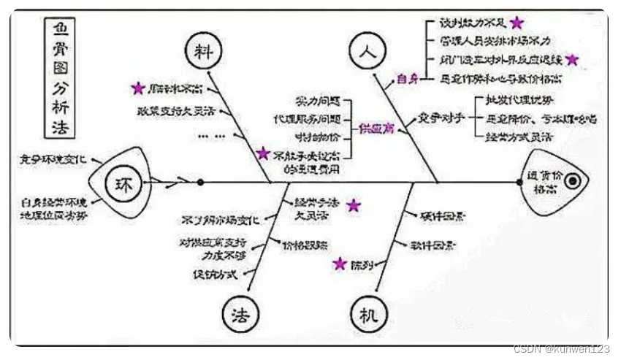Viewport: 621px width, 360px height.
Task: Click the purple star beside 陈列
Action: (340, 264)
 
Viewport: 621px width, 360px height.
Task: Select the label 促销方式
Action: (214, 275)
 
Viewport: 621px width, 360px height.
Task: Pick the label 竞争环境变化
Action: (53, 158)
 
